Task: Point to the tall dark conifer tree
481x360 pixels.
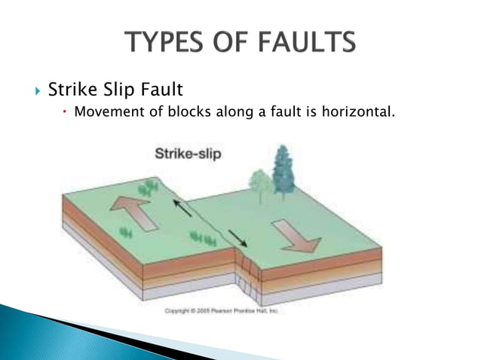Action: point(284,171)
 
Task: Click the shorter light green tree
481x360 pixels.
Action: point(260,184)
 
